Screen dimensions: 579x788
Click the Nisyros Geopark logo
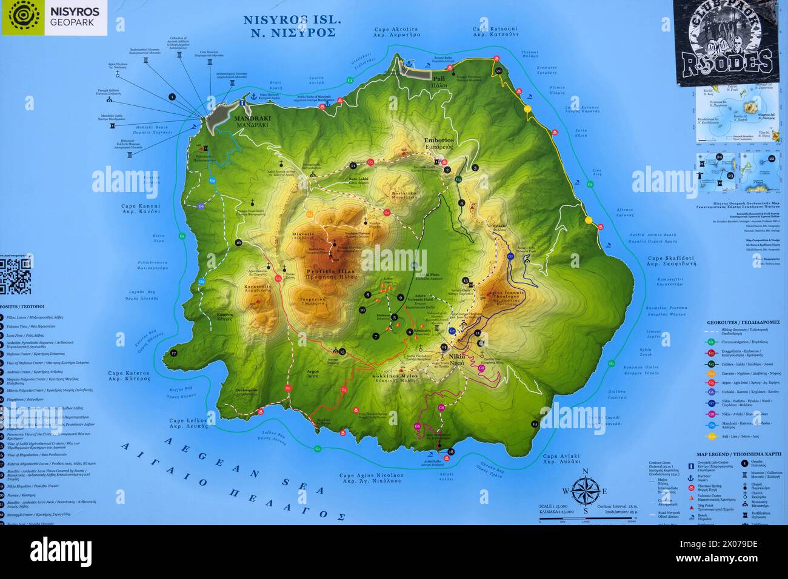(x=55, y=18)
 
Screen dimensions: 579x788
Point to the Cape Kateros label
(x=128, y=377)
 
